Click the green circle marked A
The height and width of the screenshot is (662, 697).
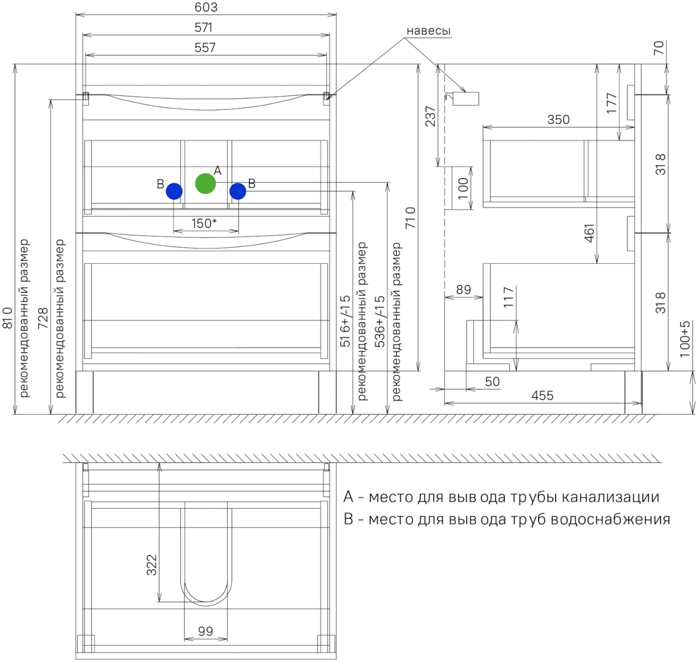pos(205,184)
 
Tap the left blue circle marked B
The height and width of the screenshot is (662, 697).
pos(174,191)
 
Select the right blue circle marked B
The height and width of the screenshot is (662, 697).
pos(238,191)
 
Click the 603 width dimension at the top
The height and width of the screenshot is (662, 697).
pos(206,7)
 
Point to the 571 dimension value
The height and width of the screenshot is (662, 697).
pos(203,27)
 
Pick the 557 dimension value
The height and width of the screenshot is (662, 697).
pos(204,48)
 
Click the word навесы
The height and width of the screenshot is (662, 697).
pos(428,31)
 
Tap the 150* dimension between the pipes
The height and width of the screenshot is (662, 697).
pos(204,223)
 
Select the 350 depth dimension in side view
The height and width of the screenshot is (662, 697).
pos(558,120)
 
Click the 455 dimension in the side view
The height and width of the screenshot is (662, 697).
pos(542,395)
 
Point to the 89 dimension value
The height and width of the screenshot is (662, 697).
pos(464,289)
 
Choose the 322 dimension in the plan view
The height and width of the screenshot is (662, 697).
pos(152,565)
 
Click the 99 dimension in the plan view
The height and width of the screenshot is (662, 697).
pos(205,631)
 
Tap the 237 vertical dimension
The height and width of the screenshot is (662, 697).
pos(430,116)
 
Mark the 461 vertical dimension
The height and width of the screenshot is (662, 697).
pos(589,233)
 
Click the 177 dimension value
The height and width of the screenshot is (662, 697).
pos(612,103)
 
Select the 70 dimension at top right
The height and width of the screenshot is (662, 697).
pos(658,48)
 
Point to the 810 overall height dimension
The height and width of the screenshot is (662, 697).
pos(8,318)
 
